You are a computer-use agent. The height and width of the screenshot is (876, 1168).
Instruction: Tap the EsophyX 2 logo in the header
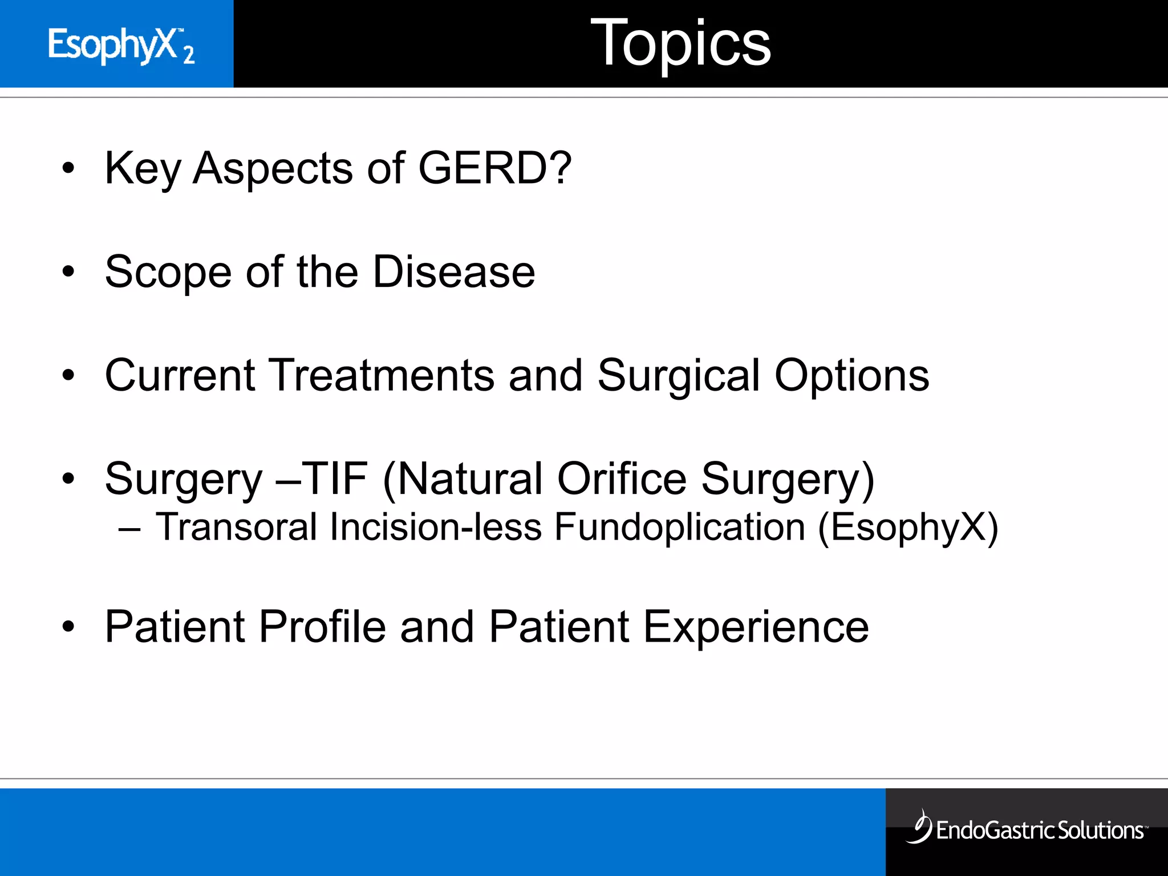121,45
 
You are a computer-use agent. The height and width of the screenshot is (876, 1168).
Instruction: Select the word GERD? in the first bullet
494,169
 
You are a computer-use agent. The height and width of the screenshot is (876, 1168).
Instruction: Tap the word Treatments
381,376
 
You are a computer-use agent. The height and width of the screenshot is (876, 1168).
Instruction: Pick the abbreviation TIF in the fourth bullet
334,479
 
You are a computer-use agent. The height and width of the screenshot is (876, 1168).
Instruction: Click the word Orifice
622,479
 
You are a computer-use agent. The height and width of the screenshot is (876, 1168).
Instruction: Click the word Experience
756,627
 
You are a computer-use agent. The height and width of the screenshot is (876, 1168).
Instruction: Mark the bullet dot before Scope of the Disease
68,272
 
